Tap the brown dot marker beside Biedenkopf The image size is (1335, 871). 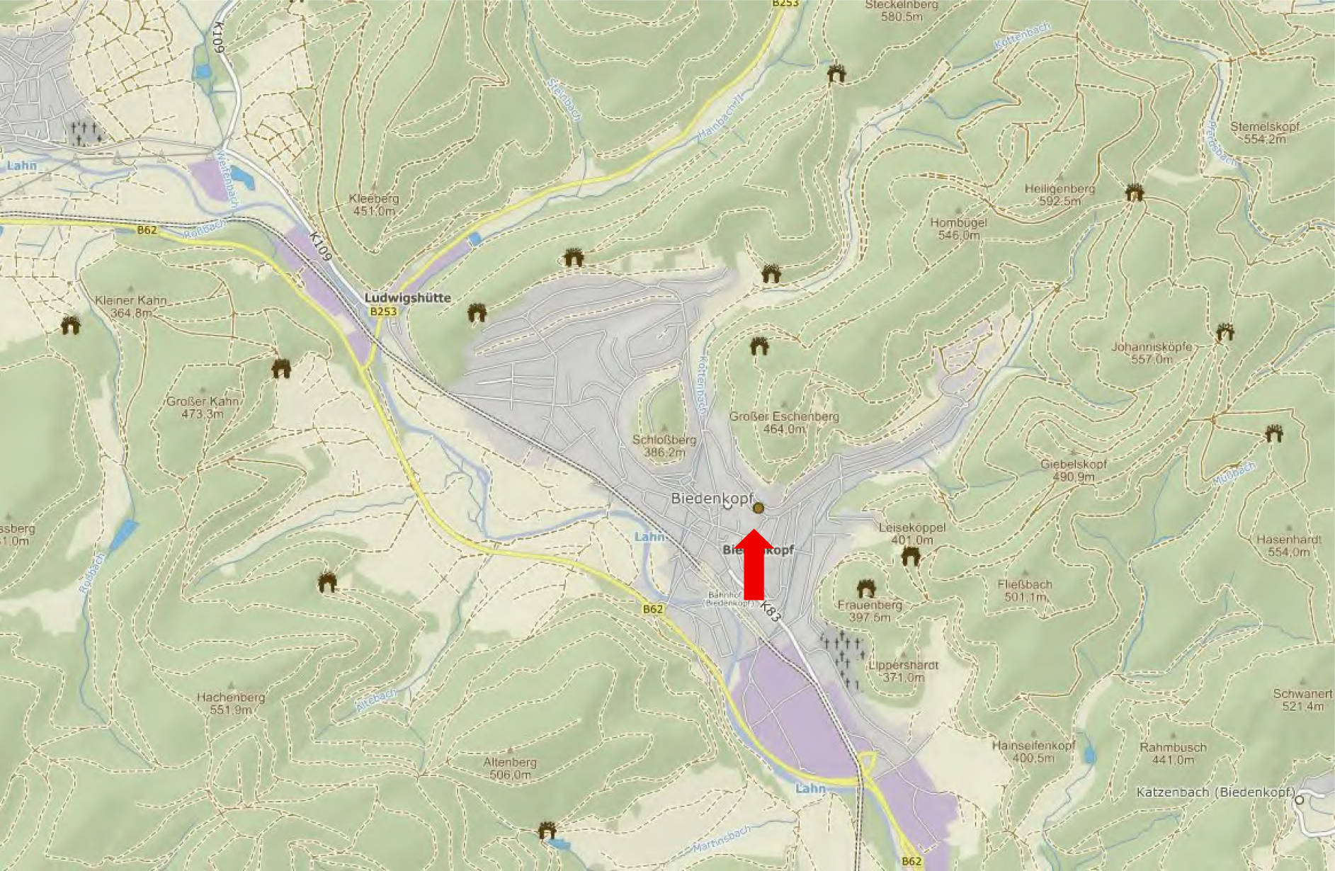[x=759, y=508]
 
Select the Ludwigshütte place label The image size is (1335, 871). [x=407, y=298]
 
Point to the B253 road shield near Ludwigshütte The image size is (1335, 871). [x=383, y=312]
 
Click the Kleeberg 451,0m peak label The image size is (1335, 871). [x=374, y=205]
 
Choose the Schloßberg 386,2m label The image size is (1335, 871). [x=664, y=445]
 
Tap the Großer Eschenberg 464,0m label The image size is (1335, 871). [x=784, y=422]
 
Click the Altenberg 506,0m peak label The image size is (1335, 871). [x=510, y=768]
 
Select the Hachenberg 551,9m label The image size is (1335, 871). [x=231, y=703]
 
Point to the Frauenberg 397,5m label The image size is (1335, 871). [x=870, y=610]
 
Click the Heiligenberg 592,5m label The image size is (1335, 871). [x=1060, y=195]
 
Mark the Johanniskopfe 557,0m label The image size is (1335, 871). [x=1151, y=353]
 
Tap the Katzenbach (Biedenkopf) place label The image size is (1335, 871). [x=1215, y=792]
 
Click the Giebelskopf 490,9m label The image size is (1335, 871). [x=1073, y=470]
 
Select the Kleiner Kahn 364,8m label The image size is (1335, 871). [x=131, y=306]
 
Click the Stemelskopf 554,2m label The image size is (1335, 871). [x=1264, y=132]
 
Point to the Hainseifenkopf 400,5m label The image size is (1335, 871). [x=1033, y=751]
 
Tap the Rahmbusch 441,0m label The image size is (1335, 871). [x=1173, y=753]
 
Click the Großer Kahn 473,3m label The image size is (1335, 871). [x=203, y=407]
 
